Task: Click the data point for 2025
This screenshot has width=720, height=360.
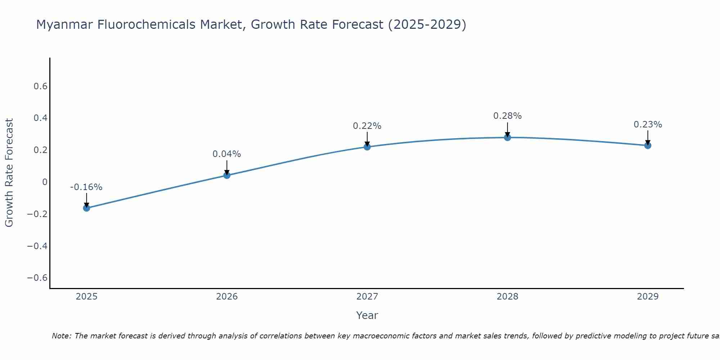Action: [86, 208]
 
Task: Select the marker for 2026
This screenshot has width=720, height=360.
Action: [227, 175]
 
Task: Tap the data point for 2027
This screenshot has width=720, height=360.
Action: [367, 147]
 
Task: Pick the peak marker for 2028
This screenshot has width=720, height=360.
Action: [507, 137]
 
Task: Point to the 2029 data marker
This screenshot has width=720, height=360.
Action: [648, 145]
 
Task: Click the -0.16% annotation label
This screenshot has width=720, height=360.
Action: [86, 187]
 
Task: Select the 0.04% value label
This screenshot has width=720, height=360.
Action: [227, 154]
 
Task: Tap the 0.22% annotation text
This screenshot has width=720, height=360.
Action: [367, 126]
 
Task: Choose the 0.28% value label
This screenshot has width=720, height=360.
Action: [507, 116]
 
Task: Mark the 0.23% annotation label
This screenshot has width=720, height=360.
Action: [648, 125]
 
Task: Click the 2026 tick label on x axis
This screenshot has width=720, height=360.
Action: [227, 297]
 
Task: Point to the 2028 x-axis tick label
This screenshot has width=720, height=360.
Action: [507, 297]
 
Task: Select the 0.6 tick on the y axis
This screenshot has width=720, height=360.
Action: [40, 86]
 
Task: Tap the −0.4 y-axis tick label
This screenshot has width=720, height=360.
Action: [37, 246]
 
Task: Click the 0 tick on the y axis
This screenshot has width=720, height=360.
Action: [45, 182]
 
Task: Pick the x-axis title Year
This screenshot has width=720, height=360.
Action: [367, 315]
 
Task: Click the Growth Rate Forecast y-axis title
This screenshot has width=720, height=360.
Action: [9, 173]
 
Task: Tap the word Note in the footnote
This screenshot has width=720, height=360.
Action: [61, 336]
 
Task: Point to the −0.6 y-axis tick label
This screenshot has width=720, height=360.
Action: [37, 278]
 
